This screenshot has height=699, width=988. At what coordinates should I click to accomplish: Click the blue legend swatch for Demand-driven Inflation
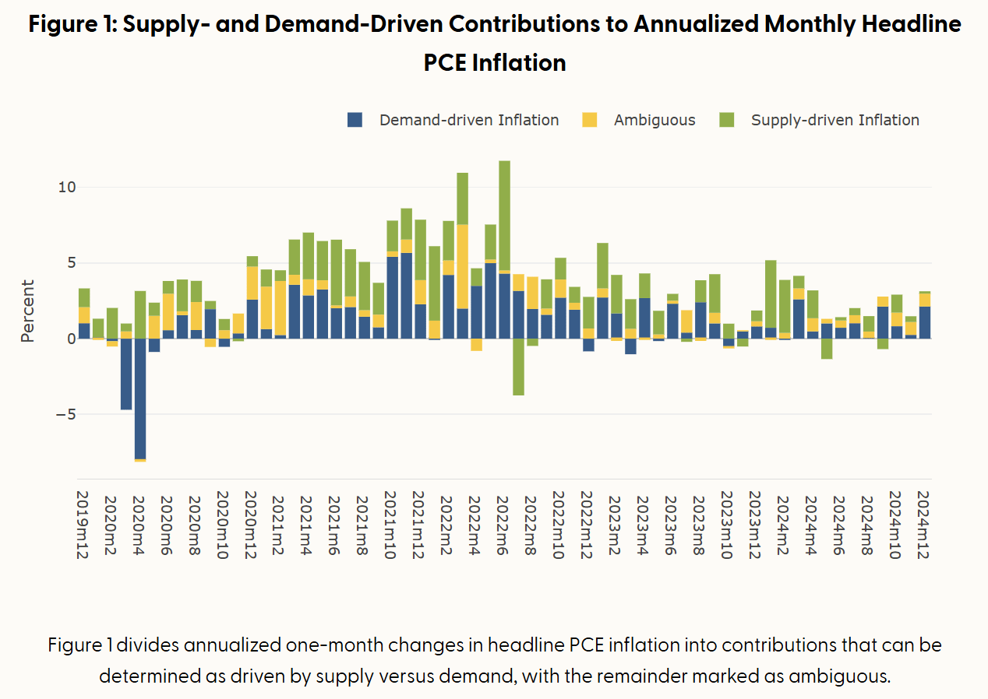pyautogui.click(x=355, y=120)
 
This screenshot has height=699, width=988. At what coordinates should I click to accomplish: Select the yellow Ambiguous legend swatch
pyautogui.click(x=590, y=120)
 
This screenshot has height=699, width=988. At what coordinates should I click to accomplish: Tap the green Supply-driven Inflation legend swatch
pyautogui.click(x=727, y=120)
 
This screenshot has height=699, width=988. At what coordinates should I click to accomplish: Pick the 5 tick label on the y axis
pyautogui.click(x=70, y=262)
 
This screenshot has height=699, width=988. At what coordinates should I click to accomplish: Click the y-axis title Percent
pyautogui.click(x=28, y=310)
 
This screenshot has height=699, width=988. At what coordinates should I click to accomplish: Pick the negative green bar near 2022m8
pyautogui.click(x=518, y=371)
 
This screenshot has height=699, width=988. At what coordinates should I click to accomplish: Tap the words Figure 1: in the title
pyautogui.click(x=72, y=23)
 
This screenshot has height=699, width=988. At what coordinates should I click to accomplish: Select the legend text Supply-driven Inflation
pyautogui.click(x=835, y=120)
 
